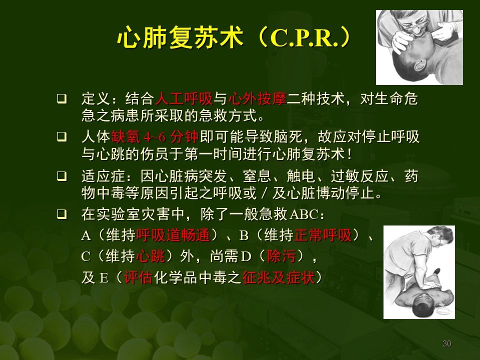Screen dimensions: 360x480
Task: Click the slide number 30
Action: (447, 343)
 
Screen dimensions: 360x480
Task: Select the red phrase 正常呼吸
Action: (330, 235)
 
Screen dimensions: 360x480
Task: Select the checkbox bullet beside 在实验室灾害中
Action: (61, 215)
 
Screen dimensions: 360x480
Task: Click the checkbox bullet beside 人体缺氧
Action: (61, 136)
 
